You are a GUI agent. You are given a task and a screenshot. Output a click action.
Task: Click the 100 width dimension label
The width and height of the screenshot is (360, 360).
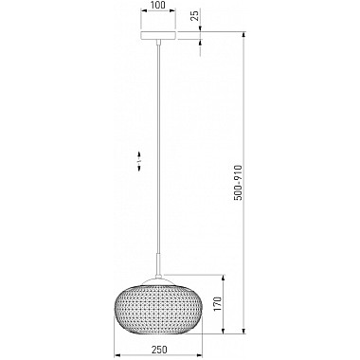click(x=158, y=5)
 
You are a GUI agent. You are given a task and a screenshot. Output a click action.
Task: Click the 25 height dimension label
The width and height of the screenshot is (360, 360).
click(x=195, y=15)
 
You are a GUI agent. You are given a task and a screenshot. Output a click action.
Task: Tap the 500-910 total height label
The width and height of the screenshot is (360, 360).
click(x=238, y=183)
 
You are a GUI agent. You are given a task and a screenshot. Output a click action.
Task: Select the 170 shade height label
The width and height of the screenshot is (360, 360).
click(x=218, y=304)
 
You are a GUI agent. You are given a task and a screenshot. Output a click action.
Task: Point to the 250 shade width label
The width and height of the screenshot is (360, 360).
click(x=159, y=350)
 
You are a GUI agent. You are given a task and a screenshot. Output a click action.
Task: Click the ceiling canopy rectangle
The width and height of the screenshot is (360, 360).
click(x=158, y=35)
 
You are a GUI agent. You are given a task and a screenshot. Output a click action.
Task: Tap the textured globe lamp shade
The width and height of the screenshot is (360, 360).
click(x=158, y=309)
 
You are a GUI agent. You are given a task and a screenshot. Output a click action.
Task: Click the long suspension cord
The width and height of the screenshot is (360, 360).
click(x=158, y=149)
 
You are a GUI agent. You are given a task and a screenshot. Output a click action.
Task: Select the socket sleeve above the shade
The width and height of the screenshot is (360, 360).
click(x=158, y=264)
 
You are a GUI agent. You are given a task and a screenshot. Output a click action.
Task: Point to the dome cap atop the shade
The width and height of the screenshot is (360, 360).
click(x=158, y=279)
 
